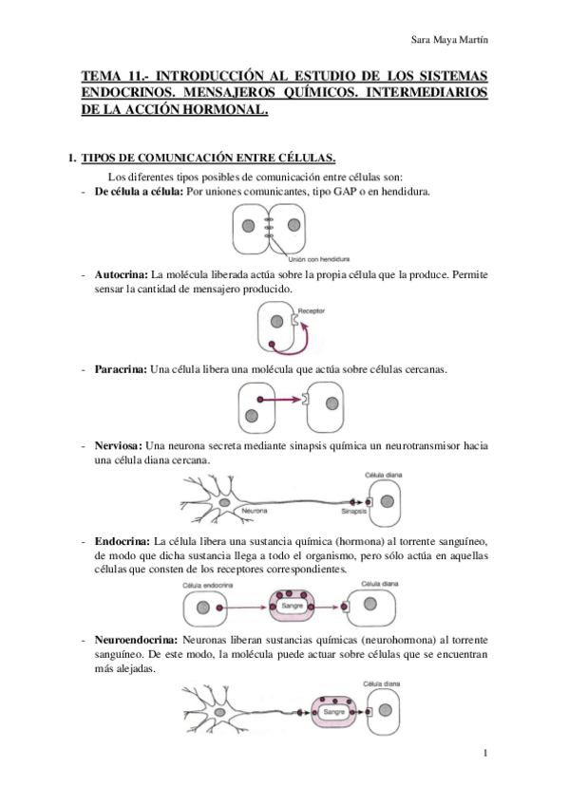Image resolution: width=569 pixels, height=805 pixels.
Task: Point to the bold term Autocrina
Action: [x=121, y=274]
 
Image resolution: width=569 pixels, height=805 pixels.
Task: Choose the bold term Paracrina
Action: [x=120, y=368]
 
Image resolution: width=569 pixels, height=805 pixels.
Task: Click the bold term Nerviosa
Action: [x=119, y=444]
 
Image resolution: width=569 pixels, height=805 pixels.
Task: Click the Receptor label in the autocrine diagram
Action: [x=312, y=310]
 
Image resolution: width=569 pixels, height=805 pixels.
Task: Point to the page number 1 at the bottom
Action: [x=484, y=755]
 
